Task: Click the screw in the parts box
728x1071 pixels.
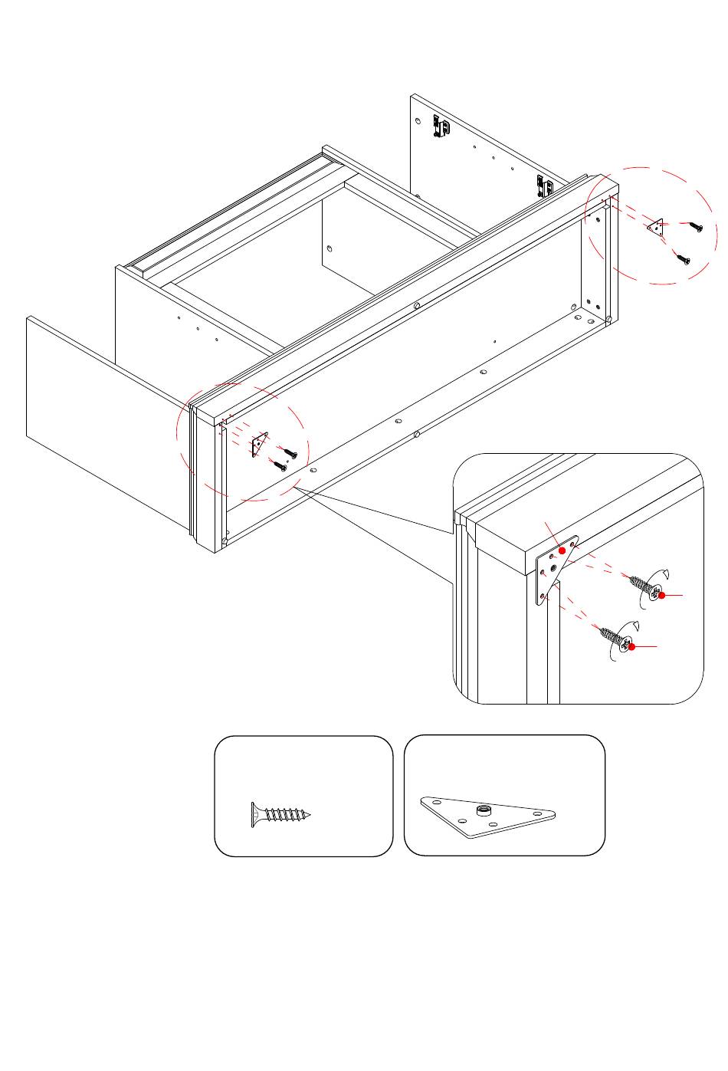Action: pyautogui.click(x=280, y=815)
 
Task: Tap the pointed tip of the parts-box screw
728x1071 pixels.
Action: pyautogui.click(x=310, y=816)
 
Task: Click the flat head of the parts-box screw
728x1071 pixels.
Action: pyautogui.click(x=254, y=815)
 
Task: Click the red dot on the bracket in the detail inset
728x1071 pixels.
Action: pyautogui.click(x=562, y=550)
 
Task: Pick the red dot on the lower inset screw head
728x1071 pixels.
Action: pyautogui.click(x=632, y=647)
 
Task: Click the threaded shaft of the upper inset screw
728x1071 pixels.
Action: pyautogui.click(x=640, y=584)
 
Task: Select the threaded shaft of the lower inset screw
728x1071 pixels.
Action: pyautogui.click(x=610, y=635)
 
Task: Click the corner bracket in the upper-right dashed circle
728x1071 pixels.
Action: pyautogui.click(x=656, y=227)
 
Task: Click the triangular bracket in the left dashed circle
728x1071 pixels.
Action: pyautogui.click(x=258, y=445)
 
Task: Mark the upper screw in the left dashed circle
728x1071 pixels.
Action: pyautogui.click(x=290, y=452)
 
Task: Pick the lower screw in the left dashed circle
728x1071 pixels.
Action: pyautogui.click(x=278, y=465)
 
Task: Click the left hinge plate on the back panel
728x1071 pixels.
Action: pyautogui.click(x=440, y=126)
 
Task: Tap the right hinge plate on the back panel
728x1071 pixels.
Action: pyautogui.click(x=543, y=185)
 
